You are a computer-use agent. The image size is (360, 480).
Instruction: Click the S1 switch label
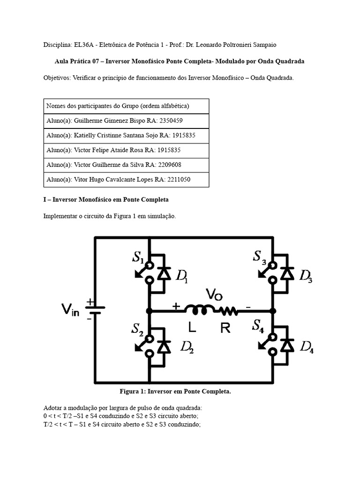click(137, 257)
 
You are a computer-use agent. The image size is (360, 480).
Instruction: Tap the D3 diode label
click(306, 277)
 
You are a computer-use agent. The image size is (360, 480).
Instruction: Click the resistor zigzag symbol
click(227, 310)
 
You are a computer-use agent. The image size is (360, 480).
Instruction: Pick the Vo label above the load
click(215, 294)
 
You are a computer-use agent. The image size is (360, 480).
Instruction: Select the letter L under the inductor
click(193, 328)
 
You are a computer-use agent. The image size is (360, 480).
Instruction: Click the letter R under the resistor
click(225, 328)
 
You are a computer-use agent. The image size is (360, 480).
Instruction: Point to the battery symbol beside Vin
click(95, 309)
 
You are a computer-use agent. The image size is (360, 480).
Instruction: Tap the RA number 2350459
click(170, 121)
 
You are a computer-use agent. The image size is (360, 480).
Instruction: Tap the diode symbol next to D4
click(288, 346)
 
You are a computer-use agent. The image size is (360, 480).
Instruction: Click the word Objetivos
click(56, 78)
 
